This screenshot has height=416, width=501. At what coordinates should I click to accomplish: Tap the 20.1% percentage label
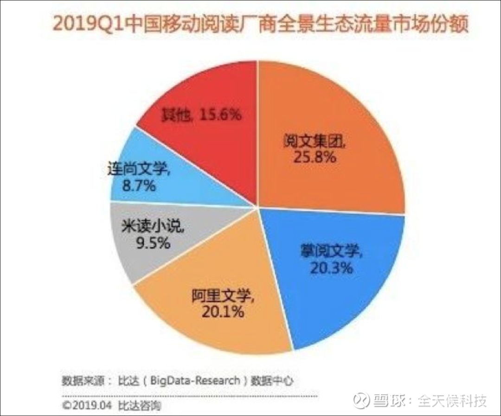223,311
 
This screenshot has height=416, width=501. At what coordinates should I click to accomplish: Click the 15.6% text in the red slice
220,114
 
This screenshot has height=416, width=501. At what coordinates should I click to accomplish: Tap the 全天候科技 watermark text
452,400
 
